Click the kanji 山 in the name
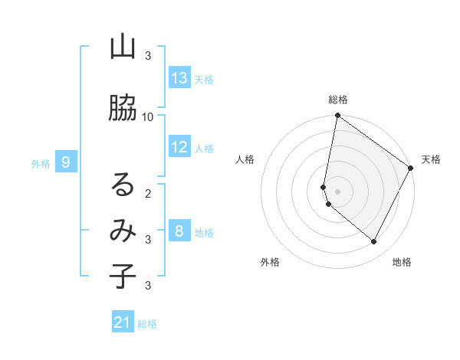123,47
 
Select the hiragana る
123,185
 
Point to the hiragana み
123,230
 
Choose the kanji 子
123,277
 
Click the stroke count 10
148,116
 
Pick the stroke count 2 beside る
148,193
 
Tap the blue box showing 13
179,78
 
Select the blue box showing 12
179,147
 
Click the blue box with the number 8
179,231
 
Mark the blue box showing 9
66,162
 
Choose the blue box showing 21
123,322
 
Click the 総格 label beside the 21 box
147,324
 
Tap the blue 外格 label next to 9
41,163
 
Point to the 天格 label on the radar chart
431,159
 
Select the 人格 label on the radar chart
245,159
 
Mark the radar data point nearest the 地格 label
374,242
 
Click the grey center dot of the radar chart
337,191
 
